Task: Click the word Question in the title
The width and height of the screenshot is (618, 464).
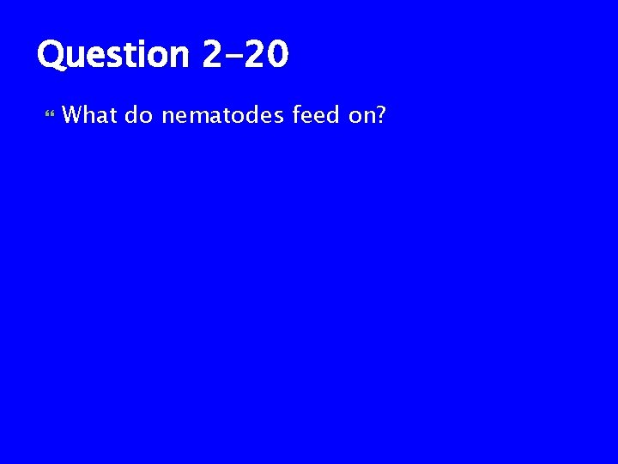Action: tap(112, 56)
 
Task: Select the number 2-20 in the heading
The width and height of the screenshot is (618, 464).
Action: tap(246, 55)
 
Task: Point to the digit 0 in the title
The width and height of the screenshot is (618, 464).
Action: tap(276, 55)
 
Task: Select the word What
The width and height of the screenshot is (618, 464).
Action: tap(89, 113)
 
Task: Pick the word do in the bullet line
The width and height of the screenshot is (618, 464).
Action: tap(138, 113)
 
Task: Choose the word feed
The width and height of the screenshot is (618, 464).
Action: tap(317, 113)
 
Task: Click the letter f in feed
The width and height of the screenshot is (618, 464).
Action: tap(296, 113)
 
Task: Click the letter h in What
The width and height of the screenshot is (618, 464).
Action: tap(88, 113)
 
